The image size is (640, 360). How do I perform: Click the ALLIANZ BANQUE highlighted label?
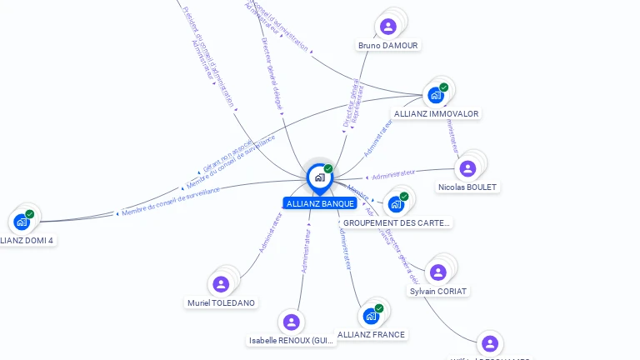pos(320,203)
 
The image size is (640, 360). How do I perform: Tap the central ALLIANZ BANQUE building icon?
pos(319,177)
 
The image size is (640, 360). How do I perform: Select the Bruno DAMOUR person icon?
pos(387,27)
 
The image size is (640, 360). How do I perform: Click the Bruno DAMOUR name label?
pos(388,45)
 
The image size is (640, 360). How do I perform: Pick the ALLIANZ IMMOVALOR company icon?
pos(435,95)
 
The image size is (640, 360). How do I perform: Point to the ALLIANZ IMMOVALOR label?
pos(436,113)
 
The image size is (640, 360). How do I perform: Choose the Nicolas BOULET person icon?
pos(467,169)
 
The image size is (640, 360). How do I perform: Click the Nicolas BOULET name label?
pos(468,187)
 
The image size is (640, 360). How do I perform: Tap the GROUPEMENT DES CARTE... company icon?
pos(396,204)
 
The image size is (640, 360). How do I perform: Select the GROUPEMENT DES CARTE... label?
pos(397,223)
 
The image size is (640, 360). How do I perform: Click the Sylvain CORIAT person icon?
pos(438,272)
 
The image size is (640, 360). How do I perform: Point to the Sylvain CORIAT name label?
pos(439,292)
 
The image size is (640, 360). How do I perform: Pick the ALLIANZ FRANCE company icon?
pos(371,317)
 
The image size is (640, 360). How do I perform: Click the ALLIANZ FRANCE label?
pos(372,335)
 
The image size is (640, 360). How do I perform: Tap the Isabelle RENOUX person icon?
pos(291,322)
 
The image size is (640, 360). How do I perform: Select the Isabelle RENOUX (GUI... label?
pos(292,341)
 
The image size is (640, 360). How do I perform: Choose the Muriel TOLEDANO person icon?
pos(221,284)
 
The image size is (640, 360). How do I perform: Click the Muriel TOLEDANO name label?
pos(222,303)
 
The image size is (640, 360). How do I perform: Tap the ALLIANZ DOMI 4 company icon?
pos(22,222)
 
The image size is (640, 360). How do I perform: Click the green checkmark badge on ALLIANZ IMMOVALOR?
pos(444,87)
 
